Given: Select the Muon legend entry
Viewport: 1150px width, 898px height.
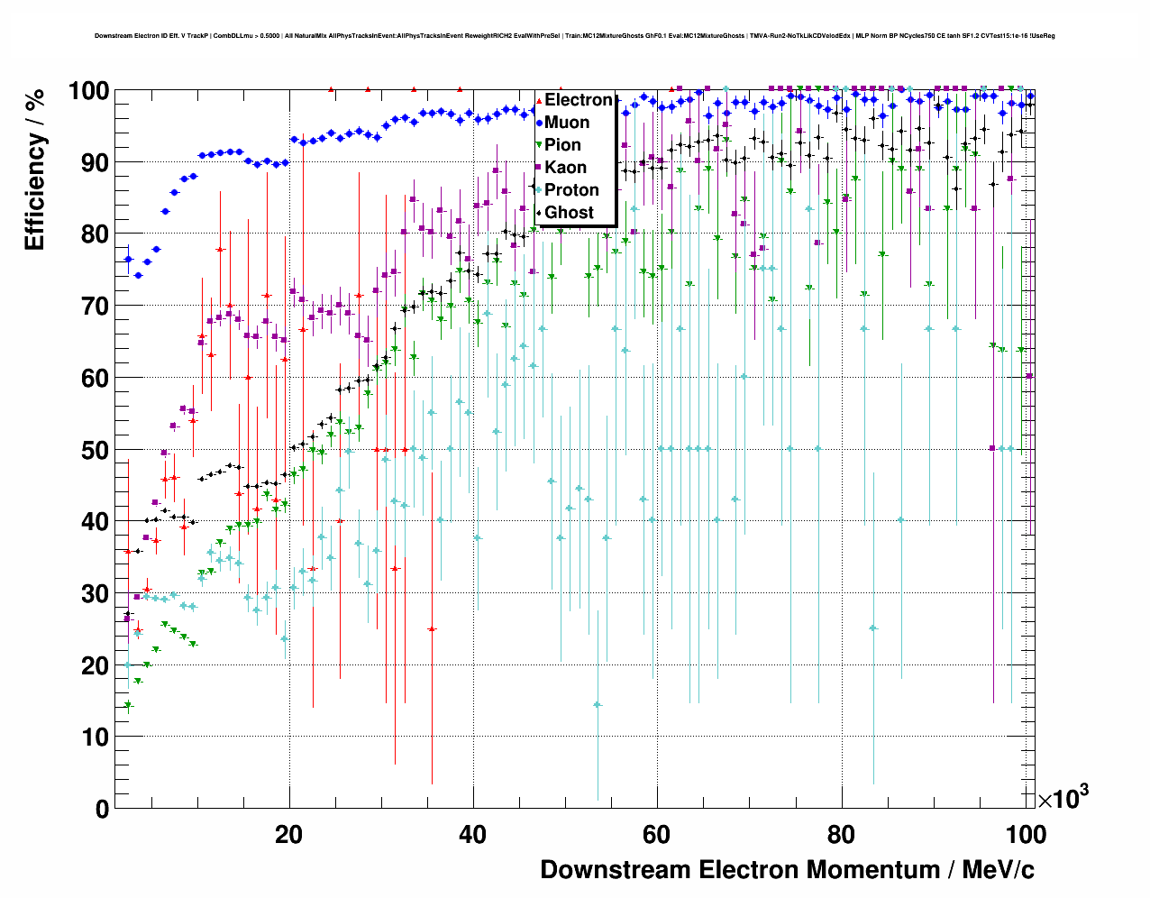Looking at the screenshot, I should point(567,123).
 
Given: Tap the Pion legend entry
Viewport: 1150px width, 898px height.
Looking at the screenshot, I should point(562,145).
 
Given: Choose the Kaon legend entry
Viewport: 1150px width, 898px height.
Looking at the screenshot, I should point(565,168).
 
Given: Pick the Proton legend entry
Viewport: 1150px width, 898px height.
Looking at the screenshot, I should point(571,190).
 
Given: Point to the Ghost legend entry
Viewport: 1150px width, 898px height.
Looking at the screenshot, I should point(569,213).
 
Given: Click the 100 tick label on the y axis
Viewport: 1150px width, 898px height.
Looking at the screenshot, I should point(89,91).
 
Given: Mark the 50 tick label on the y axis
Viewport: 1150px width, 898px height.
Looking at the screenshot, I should point(95,450).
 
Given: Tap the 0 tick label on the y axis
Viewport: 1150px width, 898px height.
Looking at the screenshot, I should point(102,809).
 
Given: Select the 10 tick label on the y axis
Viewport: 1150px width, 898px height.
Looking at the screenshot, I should point(95,738).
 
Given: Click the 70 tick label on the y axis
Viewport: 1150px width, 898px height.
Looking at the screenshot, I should point(95,307).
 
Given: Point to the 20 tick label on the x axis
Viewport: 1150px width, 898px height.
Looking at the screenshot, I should point(288,834).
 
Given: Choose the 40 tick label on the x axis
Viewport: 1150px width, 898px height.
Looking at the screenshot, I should point(472,834).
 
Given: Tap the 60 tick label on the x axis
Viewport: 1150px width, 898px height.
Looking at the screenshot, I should point(656,834).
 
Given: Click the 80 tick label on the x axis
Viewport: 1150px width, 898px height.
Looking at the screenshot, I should point(841,834).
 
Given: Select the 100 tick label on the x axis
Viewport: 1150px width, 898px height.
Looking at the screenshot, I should point(1025,834).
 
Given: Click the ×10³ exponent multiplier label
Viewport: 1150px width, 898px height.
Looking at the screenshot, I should point(1063,798).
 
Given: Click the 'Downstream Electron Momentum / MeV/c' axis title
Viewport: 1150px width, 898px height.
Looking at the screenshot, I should point(787,870).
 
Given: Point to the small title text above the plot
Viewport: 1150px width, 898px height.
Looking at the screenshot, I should point(574,36).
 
